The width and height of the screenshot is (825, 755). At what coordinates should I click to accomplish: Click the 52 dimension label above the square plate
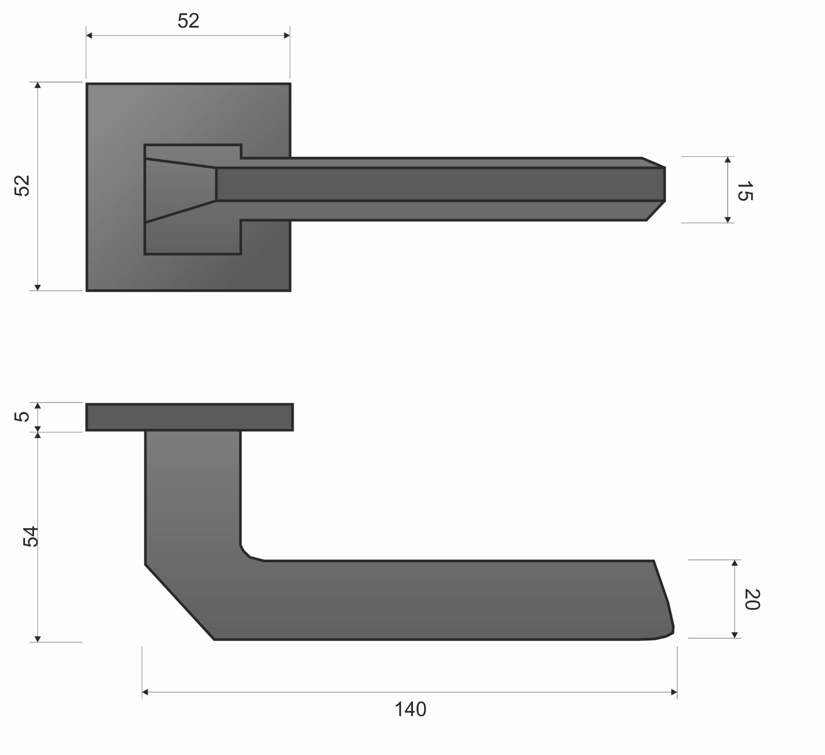tap(188, 21)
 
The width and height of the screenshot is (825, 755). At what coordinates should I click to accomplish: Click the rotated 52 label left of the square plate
tap(22, 186)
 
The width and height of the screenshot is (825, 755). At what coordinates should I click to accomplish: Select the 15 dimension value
tap(744, 191)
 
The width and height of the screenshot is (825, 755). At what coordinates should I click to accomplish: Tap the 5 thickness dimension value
tap(22, 417)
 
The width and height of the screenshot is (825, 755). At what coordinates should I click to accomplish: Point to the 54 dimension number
tap(30, 537)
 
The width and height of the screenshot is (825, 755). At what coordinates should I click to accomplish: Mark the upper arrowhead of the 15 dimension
tap(728, 160)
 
